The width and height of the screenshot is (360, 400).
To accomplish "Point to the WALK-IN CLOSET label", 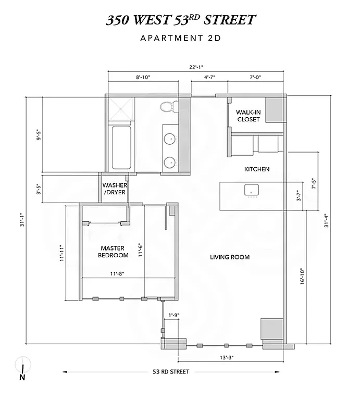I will (x=248, y=116).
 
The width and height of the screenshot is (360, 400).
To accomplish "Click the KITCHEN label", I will (x=257, y=169).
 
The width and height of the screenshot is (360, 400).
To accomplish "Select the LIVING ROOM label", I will (x=230, y=257).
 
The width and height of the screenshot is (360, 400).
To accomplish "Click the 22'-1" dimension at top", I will (x=196, y=66).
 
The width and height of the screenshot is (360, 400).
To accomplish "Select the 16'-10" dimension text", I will (x=302, y=276).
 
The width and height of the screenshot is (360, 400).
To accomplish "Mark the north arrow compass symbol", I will (x=22, y=369).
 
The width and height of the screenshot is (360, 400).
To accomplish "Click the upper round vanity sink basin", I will (x=170, y=139).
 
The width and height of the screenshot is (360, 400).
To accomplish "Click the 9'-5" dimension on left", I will (x=37, y=134).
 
